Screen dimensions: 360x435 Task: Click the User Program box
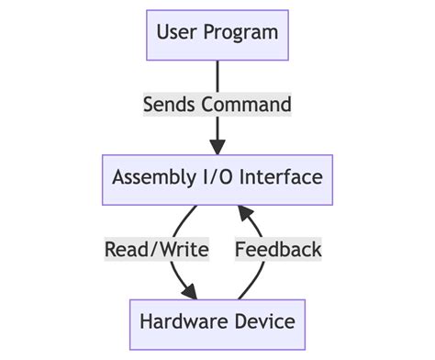point(217,34)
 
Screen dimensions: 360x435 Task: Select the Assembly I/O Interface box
point(217,178)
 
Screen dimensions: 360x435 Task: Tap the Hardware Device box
point(217,322)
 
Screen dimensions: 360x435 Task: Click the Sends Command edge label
point(217,105)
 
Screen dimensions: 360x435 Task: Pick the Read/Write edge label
point(157,250)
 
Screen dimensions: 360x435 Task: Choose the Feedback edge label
point(278,250)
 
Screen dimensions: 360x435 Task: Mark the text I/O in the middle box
point(216,178)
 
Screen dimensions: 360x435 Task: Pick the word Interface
point(282,178)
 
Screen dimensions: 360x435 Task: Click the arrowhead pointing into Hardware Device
point(189,292)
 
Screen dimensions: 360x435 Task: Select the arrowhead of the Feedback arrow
point(245,212)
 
